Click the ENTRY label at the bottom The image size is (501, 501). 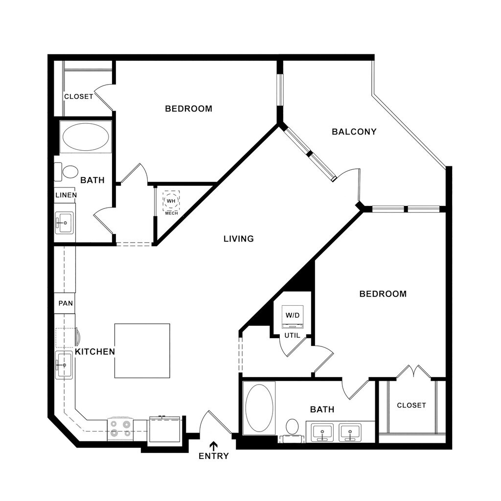click(x=214, y=456)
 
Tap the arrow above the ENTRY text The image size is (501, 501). click(x=214, y=445)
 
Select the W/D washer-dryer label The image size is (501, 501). click(x=293, y=315)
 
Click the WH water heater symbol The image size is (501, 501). click(x=171, y=201)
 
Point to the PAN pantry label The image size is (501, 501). click(x=66, y=303)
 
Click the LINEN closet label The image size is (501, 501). click(x=66, y=195)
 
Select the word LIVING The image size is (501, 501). click(x=239, y=239)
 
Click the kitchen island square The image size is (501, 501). click(x=142, y=351)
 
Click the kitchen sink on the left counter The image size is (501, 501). click(x=63, y=365)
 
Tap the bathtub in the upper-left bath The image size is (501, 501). click(x=86, y=137)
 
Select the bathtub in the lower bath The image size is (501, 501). click(x=259, y=408)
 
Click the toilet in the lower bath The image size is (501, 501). click(x=293, y=427)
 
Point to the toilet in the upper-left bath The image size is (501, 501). click(x=69, y=171)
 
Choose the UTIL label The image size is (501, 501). click(x=293, y=335)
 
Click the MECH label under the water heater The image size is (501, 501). click(x=171, y=213)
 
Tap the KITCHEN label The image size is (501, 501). click(x=95, y=351)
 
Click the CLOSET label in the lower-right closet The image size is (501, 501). click(x=411, y=405)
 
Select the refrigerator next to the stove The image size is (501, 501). click(x=165, y=429)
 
